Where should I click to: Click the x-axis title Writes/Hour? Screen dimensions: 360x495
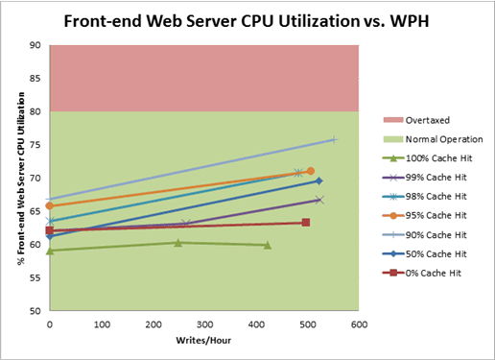coord(203,341)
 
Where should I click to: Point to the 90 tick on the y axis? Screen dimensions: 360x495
coord(35,45)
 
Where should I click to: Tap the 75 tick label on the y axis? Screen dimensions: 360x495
coord(35,145)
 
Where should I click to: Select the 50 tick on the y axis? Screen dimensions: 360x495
coord(35,311)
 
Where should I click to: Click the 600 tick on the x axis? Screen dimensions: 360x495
coord(359,325)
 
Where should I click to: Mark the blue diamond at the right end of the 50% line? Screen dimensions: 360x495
coord(318,180)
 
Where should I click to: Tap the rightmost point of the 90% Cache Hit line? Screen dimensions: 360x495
coord(334,139)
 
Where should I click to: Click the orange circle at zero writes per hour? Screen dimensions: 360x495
coord(49,205)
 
